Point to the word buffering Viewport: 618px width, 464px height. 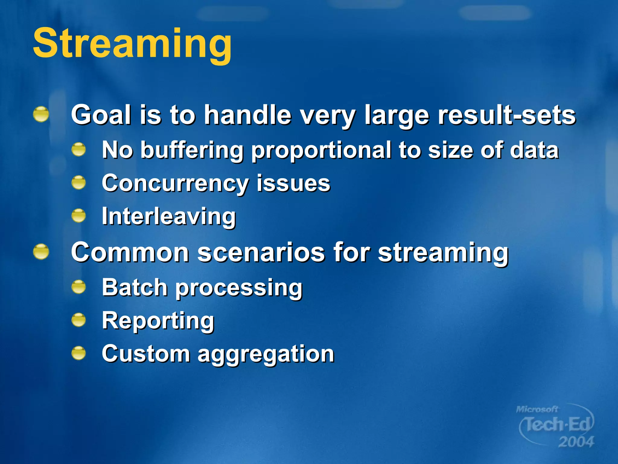coord(192,150)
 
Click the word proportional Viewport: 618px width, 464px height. coord(321,150)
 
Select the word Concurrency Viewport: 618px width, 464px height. coord(175,183)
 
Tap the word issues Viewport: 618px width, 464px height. coord(293,183)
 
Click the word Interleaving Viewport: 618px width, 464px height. coord(169,216)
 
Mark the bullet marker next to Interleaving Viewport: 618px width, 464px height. coord(79,216)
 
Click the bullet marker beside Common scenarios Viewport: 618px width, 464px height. coord(41,252)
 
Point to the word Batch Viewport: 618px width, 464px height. coord(135,287)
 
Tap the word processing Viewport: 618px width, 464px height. coord(239,288)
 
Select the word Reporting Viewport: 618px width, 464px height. coord(158,321)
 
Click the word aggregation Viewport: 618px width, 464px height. coord(266,354)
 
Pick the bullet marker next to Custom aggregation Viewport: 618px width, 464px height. coord(79,353)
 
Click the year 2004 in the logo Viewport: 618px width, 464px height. coord(576,442)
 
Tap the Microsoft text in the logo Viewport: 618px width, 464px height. coord(537,409)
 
